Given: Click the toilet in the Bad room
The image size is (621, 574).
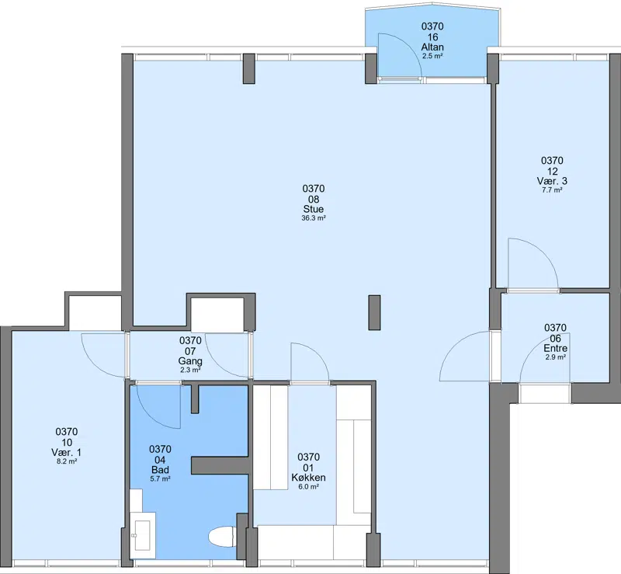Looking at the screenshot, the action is tap(222, 537).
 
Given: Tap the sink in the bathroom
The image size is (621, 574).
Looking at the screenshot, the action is tap(142, 535).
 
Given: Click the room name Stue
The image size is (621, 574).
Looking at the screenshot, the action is tap(314, 209).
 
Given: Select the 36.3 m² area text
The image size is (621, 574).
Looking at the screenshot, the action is tap(314, 218).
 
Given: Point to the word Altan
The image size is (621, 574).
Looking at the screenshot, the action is tap(432, 47).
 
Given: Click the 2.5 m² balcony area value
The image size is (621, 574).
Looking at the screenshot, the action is tap(432, 56).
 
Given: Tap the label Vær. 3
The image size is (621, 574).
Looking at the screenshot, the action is tap(552, 181).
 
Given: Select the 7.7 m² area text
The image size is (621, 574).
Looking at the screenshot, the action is tap(552, 190).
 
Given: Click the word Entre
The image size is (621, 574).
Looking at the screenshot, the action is tap(555, 349).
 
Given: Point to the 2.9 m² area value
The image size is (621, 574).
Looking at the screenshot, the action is tap(555, 357).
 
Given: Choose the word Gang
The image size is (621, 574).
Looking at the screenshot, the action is tap(190, 361).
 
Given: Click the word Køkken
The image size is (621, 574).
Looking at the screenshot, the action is tap(308, 478).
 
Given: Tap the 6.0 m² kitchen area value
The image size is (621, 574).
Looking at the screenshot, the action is tap(308, 487).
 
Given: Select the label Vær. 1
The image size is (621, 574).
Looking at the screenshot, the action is tap(67, 452).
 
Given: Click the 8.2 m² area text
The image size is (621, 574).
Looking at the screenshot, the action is tap(67, 461).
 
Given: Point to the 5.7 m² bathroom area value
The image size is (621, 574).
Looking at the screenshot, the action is tap(160, 479).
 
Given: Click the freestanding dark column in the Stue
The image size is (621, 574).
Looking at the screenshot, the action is tap(374, 312).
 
